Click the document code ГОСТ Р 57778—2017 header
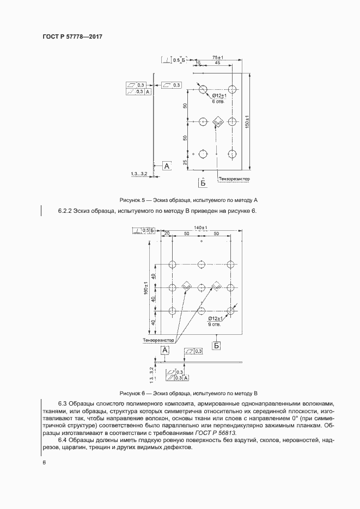(72, 36)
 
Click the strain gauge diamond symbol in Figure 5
(218, 121)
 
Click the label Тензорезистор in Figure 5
(234, 178)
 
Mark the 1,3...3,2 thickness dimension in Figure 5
(140, 174)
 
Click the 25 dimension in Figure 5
(185, 162)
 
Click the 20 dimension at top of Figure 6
(167, 233)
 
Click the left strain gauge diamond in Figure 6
(187, 285)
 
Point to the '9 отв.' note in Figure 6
(214, 324)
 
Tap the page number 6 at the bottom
(44, 463)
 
